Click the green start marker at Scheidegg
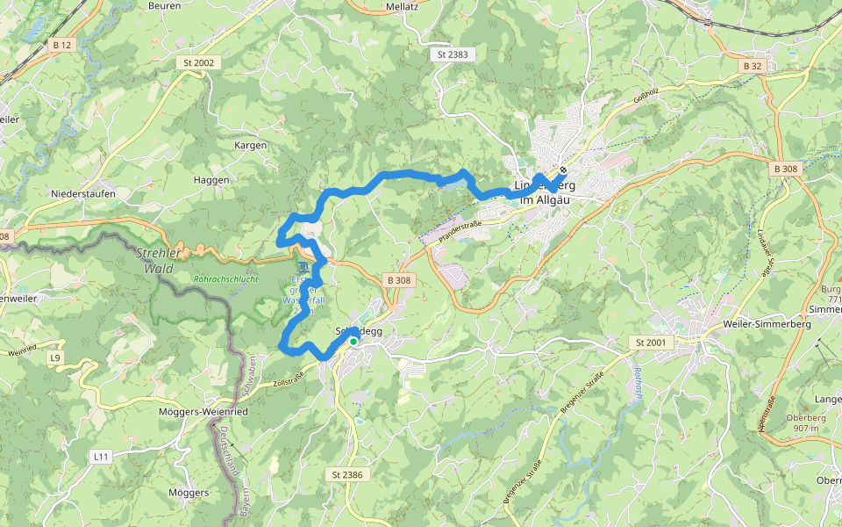click(353, 341)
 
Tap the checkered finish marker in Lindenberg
click(562, 170)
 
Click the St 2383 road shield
click(453, 54)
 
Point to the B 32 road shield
click(752, 66)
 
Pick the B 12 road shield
click(61, 45)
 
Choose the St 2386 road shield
click(347, 474)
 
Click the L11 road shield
click(102, 457)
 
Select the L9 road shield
click(56, 357)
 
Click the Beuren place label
click(164, 5)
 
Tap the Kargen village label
click(251, 145)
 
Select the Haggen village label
click(210, 179)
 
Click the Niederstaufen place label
click(84, 193)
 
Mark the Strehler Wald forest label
click(156, 260)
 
